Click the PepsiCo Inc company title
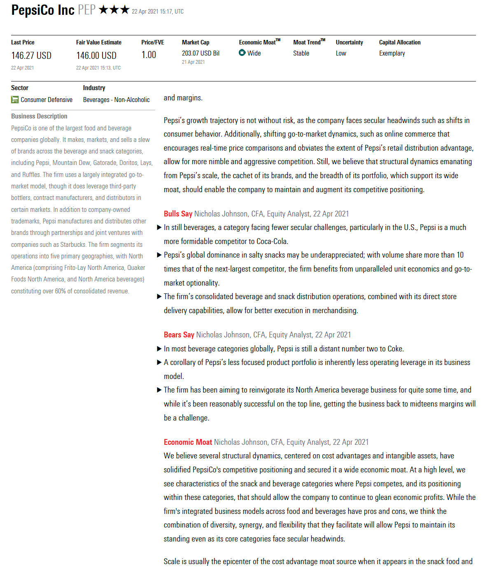(x=43, y=10)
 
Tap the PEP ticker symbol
(x=86, y=10)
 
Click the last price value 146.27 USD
(x=31, y=56)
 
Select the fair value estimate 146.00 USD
(x=96, y=56)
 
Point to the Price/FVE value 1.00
(x=149, y=55)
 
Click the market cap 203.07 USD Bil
(x=201, y=53)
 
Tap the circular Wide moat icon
(x=242, y=53)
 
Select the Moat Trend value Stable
(x=301, y=53)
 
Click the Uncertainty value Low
(x=341, y=53)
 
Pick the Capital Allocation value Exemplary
(x=392, y=53)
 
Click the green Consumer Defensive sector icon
(x=15, y=100)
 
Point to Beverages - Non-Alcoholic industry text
(x=116, y=100)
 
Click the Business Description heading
(x=39, y=116)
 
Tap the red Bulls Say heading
(x=178, y=214)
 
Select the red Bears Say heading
(x=179, y=335)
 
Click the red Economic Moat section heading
(x=188, y=442)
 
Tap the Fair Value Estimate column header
(x=99, y=42)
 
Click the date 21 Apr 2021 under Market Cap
(x=193, y=62)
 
